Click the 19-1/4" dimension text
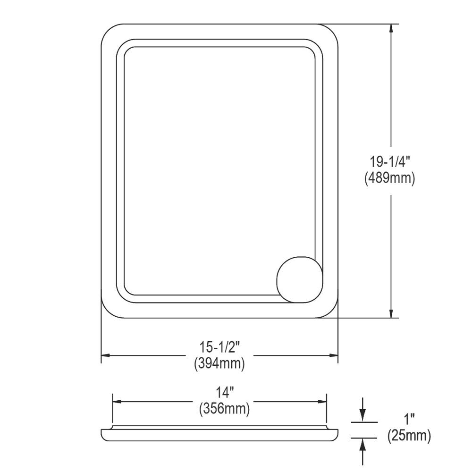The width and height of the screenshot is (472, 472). [x=389, y=162]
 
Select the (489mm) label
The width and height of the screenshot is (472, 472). [x=389, y=178]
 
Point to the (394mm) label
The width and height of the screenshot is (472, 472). [x=219, y=363]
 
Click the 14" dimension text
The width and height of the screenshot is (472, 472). [x=225, y=392]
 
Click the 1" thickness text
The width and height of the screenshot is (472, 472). [x=409, y=419]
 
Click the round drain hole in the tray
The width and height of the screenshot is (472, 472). [x=299, y=278]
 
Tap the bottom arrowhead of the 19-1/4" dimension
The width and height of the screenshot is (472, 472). [x=391, y=313]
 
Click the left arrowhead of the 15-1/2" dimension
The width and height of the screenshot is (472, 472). [x=106, y=355]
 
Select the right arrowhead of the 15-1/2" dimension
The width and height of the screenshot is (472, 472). [x=333, y=355]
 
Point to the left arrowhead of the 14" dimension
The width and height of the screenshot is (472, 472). [x=117, y=402]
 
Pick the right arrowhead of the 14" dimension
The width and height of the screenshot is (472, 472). [x=322, y=402]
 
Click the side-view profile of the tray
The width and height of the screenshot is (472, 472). [x=219, y=435]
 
